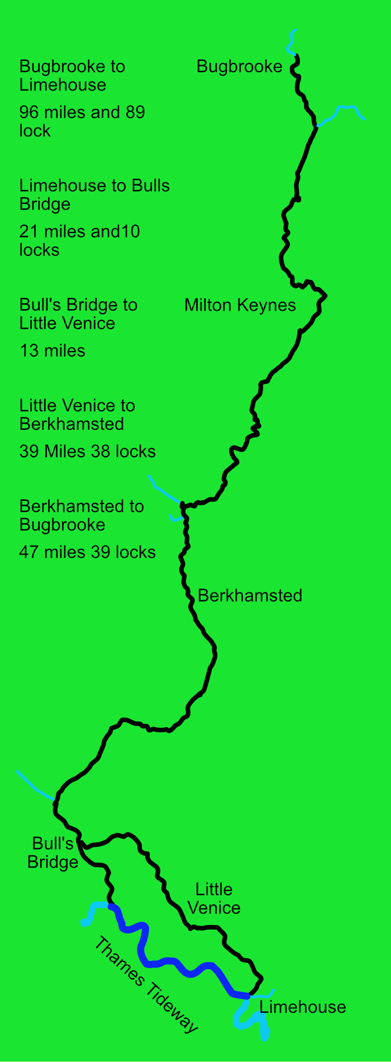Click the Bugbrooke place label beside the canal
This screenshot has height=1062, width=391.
coord(240,67)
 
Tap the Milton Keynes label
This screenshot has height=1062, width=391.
coord(240,305)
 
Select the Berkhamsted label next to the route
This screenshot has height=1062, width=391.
coord(250,595)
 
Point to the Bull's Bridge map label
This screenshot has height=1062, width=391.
coord(53,852)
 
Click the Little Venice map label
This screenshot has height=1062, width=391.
coord(214,898)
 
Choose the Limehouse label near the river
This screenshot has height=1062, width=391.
coord(303,1007)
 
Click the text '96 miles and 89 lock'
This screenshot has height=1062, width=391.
coord(82,121)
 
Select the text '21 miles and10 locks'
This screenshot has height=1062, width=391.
coord(79,240)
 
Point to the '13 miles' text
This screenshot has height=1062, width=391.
coord(53,351)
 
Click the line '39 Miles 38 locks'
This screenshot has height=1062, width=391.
coord(88,452)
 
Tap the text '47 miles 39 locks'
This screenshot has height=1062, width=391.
coord(88,552)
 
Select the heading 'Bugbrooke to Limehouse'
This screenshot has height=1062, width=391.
coord(72,75)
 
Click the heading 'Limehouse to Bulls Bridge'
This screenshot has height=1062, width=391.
coord(94,195)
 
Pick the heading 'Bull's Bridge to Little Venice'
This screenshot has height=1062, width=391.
coord(78,314)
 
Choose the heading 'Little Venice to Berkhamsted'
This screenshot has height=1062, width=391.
coord(77,415)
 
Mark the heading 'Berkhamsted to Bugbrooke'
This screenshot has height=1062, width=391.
coord(82,515)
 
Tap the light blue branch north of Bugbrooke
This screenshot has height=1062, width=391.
coord(291,42)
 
